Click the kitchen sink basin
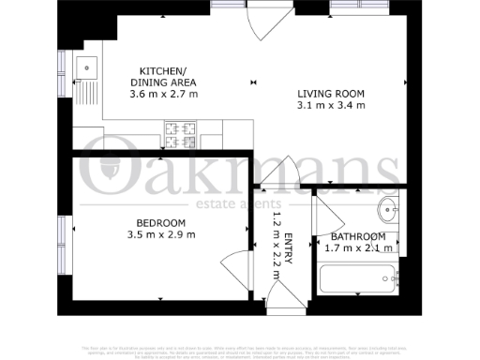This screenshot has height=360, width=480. click(86, 67)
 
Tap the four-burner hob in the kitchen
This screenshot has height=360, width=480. click(181, 137)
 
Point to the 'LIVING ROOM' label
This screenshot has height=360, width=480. click(329, 94)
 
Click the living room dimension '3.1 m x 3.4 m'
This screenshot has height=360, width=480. click(329, 106)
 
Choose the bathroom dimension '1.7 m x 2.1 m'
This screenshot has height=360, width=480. click(358, 248)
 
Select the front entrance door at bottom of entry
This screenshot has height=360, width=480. click(281, 298)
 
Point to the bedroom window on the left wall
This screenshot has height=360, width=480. click(63, 240)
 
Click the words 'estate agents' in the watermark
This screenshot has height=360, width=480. click(242, 204)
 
